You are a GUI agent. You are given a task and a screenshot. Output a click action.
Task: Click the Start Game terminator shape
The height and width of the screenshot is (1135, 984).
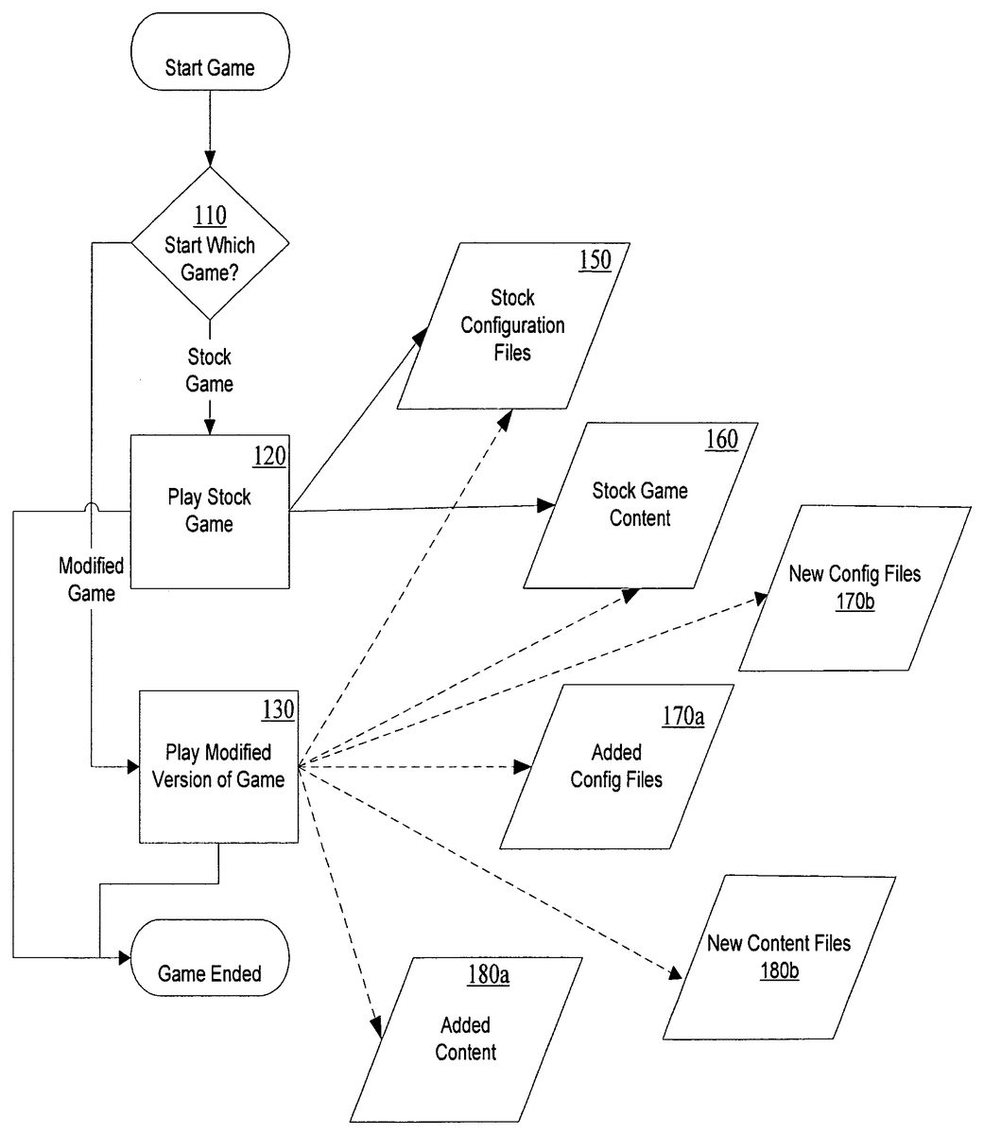coord(210,52)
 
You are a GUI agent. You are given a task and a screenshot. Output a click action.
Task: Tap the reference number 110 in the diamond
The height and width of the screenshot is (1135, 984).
coord(210,216)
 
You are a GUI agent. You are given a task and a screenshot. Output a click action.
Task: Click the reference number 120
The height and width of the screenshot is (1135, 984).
coord(269,456)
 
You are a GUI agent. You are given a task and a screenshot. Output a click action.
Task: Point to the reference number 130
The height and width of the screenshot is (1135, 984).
coord(278,709)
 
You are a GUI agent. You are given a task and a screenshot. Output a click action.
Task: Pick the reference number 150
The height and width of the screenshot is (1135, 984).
coord(595,259)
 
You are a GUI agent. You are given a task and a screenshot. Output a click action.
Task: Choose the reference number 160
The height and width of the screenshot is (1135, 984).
coord(722,440)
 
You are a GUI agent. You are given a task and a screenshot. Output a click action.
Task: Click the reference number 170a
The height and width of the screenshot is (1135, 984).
coord(683,716)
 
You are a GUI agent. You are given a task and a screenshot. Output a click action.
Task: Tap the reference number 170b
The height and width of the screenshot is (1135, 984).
coord(855,601)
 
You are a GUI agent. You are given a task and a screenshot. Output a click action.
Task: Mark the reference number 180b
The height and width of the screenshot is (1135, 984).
coord(780,970)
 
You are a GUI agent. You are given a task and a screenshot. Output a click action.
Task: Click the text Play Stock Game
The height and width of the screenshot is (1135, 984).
coord(209,511)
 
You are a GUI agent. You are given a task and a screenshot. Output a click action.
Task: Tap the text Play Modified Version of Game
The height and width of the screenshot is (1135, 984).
coord(218,765)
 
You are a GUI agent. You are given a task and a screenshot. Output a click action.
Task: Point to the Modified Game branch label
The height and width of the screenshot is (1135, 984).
coord(91,579)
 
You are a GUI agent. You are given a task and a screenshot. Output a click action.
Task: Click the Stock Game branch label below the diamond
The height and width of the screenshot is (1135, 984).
coord(209,370)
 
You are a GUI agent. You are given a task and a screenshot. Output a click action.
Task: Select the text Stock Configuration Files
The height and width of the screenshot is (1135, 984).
coord(512,325)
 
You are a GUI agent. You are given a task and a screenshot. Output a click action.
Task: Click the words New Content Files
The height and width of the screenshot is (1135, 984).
coord(778,943)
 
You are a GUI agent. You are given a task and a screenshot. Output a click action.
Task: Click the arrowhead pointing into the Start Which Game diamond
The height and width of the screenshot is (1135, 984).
coord(210,159)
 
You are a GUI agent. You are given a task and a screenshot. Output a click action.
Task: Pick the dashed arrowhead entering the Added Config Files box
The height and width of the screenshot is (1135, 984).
coord(523,767)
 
